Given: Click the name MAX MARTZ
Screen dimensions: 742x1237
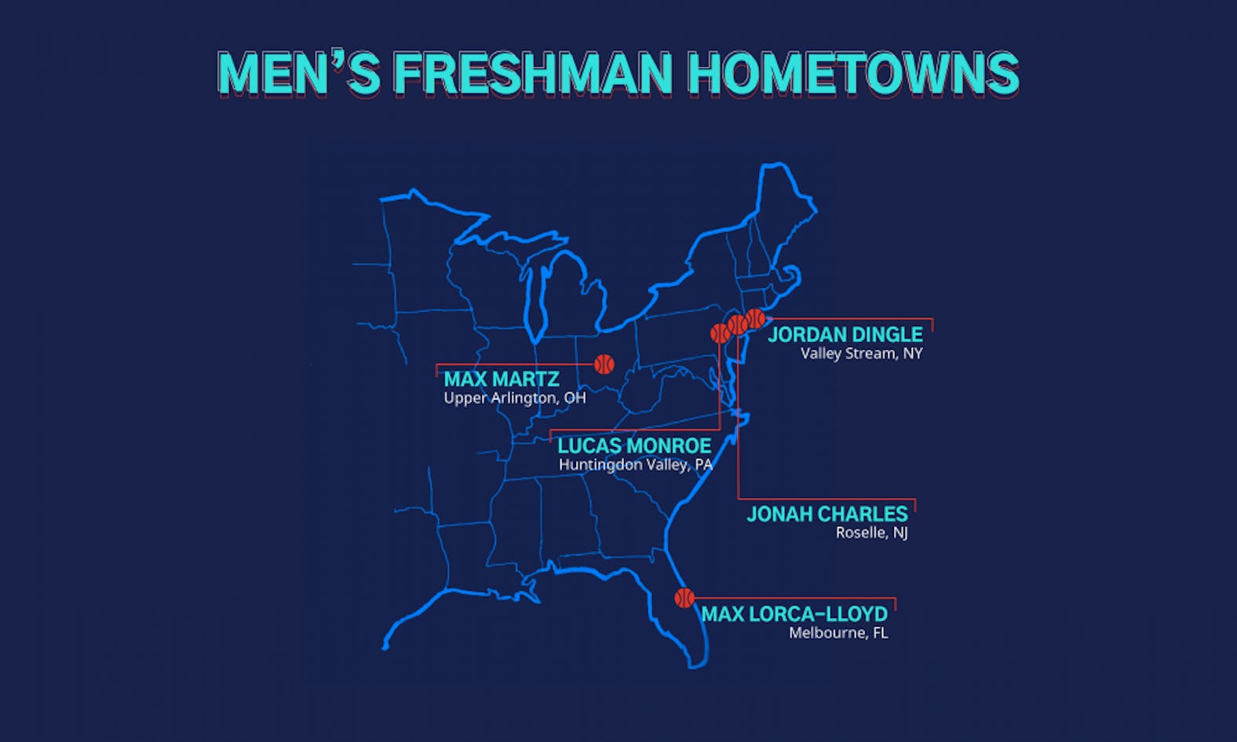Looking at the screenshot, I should [502, 379].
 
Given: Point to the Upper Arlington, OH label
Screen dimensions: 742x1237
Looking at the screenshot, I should [515, 398].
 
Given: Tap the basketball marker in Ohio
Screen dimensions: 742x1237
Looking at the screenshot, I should [604, 364].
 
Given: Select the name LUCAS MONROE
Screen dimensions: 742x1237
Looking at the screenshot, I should [634, 446].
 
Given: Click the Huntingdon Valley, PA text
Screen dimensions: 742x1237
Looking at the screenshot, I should [635, 465].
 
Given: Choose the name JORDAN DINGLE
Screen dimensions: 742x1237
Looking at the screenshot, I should [845, 335].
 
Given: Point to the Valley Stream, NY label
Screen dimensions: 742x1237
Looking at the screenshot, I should [861, 354].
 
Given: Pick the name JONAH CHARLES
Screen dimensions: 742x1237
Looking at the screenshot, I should [827, 514].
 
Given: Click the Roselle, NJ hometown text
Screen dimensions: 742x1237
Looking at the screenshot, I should [871, 533].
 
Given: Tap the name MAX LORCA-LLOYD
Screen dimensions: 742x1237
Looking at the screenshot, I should [794, 613].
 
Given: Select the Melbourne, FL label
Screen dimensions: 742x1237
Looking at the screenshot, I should [838, 633].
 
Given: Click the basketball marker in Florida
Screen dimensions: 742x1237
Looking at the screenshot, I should [684, 598].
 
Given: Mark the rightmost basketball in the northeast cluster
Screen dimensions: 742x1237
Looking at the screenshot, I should [755, 318].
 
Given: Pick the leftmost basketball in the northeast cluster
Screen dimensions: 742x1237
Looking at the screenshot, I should [720, 333].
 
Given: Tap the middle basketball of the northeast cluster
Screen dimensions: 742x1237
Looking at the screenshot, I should [738, 324].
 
